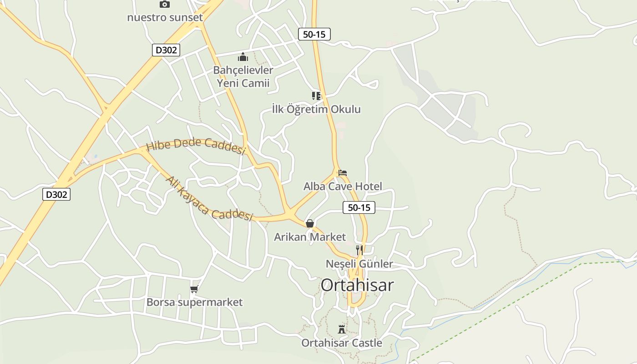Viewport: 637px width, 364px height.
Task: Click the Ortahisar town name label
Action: pos(357,285)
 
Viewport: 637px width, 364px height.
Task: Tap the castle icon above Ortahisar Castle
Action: pos(342,329)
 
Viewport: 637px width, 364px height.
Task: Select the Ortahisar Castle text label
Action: pos(342,343)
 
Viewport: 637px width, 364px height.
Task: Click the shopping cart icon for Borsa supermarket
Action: pos(194,289)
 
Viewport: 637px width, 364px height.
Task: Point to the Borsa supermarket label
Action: pos(194,302)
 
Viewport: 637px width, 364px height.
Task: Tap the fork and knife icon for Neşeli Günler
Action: pos(359,250)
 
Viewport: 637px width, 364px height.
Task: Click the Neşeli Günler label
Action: pos(359,264)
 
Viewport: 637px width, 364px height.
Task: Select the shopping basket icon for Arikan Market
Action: pos(310,223)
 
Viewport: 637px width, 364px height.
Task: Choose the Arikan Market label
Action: pos(310,237)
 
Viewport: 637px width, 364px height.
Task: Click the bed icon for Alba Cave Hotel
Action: pos(343,173)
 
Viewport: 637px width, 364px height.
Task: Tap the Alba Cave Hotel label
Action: pos(343,186)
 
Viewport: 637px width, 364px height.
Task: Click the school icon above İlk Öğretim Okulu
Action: pos(316,96)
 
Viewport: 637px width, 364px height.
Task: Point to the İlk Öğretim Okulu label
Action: pos(316,109)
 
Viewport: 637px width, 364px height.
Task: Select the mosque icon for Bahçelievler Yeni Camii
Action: pos(243,57)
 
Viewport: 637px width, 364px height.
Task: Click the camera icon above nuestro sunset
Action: pos(165,4)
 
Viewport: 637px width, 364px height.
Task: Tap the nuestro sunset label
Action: pos(165,18)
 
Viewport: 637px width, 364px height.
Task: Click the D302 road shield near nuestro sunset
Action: pos(166,50)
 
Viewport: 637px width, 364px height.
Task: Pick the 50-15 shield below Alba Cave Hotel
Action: pos(359,208)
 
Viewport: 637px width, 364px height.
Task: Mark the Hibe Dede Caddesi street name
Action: pos(196,146)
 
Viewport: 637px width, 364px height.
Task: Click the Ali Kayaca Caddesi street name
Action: pos(209,199)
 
